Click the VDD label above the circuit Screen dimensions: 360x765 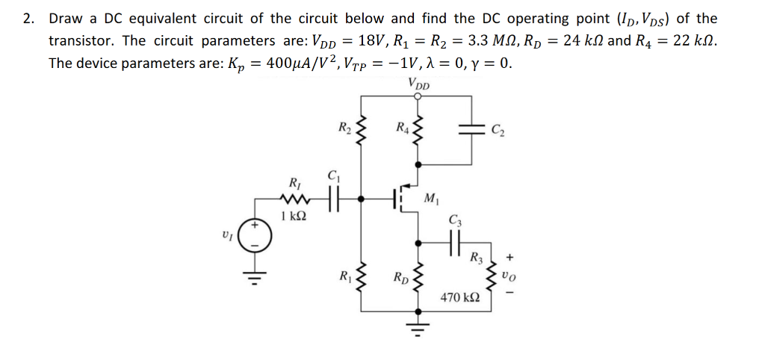coord(419,84)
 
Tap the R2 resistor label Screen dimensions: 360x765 coord(343,128)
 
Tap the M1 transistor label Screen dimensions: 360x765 coord(431,198)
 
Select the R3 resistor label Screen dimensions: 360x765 coord(476,259)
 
